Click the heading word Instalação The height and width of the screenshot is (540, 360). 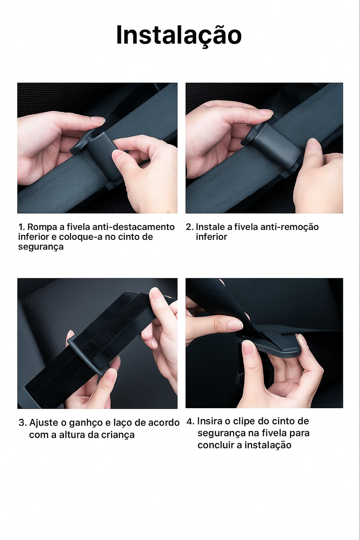coord(179,35)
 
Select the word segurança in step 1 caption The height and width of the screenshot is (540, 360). coord(41,247)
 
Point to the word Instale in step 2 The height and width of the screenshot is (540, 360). coord(210,227)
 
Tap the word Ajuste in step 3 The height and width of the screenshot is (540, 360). coord(44,423)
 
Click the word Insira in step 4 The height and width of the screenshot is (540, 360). coord(209,422)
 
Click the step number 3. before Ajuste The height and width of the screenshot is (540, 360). coord(22,423)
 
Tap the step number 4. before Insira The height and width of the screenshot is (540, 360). coord(190,422)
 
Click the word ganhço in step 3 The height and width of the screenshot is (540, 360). coord(89,423)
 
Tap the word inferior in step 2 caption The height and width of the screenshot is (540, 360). coord(211,237)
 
